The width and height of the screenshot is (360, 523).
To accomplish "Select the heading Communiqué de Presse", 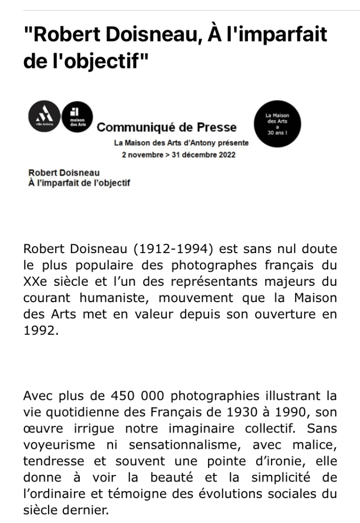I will pos(167,127).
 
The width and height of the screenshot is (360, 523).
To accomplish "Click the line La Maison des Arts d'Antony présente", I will pos(182,143).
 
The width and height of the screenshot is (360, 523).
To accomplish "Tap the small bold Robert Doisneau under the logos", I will pos(64,173).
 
